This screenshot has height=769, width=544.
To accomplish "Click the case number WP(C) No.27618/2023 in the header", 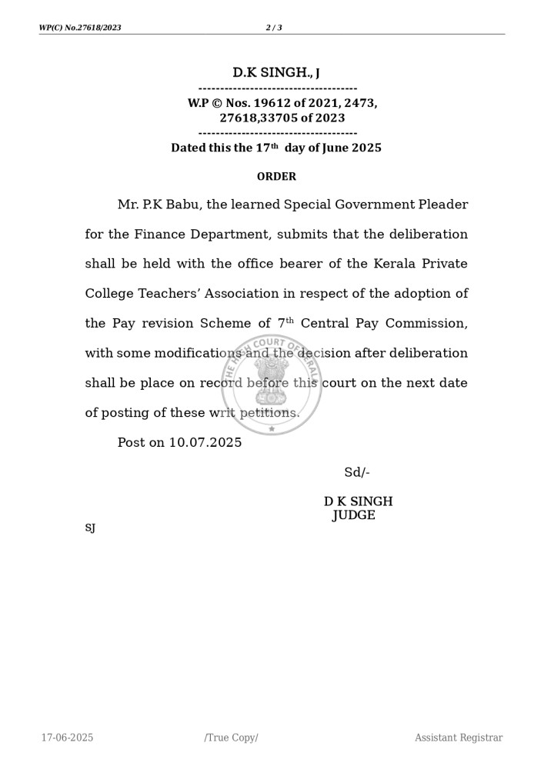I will pos(80,28).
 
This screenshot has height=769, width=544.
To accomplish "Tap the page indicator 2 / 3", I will pos(274,28).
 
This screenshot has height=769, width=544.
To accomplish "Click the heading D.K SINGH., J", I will pos(276,73).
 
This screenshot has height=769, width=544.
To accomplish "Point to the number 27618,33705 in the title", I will pos(258,118).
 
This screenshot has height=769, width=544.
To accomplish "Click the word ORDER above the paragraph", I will pos(276,177).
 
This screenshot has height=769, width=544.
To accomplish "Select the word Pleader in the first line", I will pos(442,205).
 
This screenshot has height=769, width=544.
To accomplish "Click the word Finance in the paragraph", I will pos(162,235).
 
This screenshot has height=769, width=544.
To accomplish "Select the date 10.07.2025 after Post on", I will pos(205,443).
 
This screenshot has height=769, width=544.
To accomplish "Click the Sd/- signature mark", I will pos(357,473).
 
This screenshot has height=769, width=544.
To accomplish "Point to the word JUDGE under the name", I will pos(354,516).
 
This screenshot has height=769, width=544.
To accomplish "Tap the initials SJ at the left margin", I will pos(90,528).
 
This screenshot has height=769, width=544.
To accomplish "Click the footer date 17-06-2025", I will pos(68,738).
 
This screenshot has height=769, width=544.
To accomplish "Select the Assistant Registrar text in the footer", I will pos(459,738).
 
